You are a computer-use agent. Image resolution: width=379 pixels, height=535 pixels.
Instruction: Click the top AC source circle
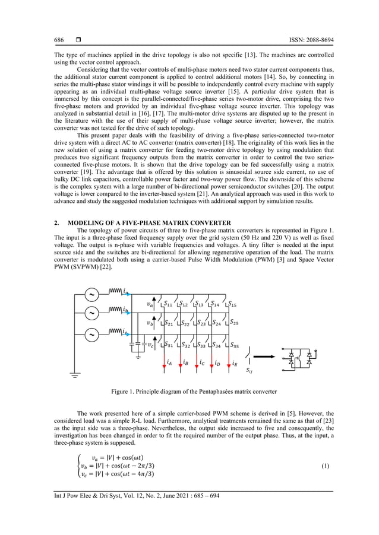click(92, 294)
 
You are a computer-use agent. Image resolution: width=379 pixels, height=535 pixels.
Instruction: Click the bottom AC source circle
click(92, 335)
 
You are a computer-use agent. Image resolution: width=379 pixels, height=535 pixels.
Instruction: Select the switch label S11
click(169, 304)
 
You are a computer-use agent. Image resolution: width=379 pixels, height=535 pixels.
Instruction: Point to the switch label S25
click(233, 324)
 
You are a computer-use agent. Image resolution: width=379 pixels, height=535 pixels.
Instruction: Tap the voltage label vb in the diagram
click(150, 324)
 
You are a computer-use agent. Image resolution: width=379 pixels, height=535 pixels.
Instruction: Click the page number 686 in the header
click(59, 40)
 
